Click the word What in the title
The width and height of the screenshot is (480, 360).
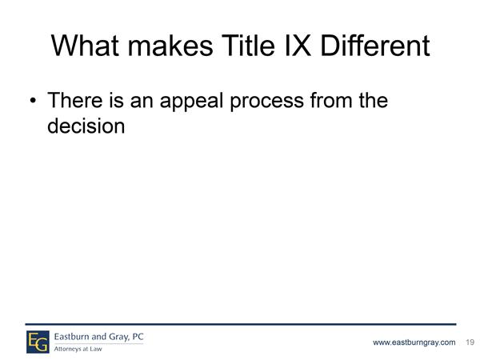point(85,46)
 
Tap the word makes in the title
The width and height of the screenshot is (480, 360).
point(170,46)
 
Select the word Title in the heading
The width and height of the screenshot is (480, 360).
point(248,46)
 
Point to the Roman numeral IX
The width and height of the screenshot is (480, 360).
point(298,46)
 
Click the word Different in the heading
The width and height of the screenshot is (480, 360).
point(375,46)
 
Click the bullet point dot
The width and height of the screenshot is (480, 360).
point(33,101)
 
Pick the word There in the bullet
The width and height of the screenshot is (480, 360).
point(75,100)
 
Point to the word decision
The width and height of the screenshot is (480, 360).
point(86,126)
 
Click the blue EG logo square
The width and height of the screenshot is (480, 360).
point(38,342)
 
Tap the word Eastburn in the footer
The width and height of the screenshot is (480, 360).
point(71,337)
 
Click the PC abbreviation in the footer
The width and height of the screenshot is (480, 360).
point(138,337)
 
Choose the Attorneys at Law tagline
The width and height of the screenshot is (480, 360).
point(78,349)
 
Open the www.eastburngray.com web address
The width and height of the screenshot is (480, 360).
point(414,342)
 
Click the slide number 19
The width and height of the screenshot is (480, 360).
point(470,342)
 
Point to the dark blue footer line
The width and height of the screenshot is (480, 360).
point(241,324)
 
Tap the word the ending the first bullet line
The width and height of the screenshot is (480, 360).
point(374,100)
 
